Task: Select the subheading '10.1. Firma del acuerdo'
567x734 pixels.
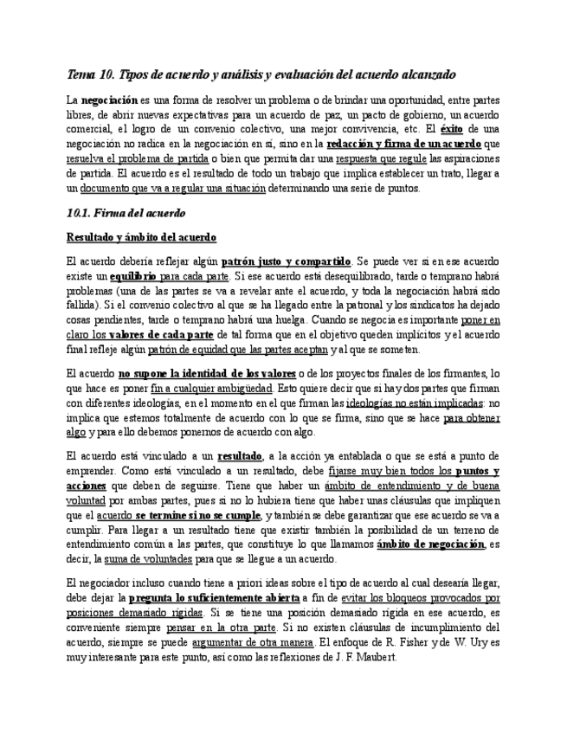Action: pyautogui.click(x=126, y=212)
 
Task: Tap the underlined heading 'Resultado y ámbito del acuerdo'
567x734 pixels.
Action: pyautogui.click(x=141, y=236)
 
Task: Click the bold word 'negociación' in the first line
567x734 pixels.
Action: pyautogui.click(x=109, y=100)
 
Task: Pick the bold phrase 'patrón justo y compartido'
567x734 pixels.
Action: pyautogui.click(x=287, y=261)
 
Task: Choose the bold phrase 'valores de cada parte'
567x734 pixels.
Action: pyautogui.click(x=162, y=334)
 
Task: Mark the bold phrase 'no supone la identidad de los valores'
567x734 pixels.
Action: pyautogui.click(x=207, y=373)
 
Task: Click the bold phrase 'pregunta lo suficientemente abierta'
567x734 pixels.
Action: pyautogui.click(x=214, y=598)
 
